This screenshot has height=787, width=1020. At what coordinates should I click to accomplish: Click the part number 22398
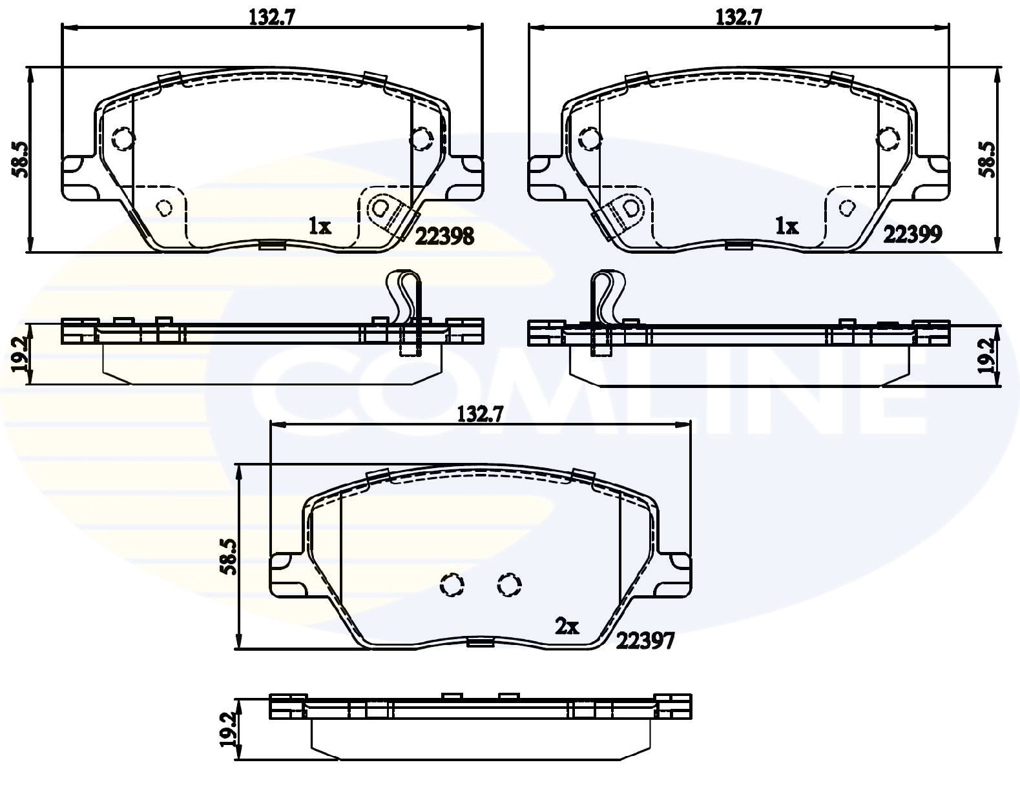tap(444, 236)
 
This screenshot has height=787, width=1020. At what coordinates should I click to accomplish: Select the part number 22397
tap(645, 640)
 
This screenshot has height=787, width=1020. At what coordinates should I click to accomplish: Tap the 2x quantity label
tap(567, 626)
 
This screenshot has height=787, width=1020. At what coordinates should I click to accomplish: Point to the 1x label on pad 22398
tap(319, 226)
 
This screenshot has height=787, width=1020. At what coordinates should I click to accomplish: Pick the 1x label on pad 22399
tap(786, 226)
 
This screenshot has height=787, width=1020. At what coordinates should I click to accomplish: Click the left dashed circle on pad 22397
tap(452, 585)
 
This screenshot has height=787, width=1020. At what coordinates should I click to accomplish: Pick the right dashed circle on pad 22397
tap(509, 585)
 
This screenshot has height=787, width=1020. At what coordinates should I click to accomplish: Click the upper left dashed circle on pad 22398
tap(122, 138)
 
